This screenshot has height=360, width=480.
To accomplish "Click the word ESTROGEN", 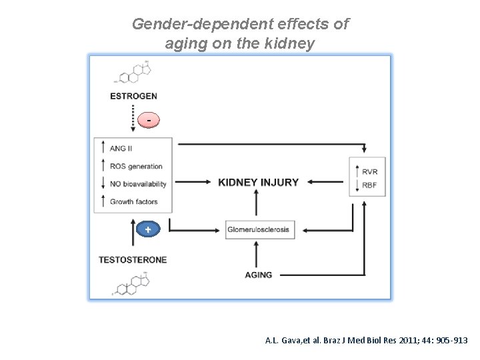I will (133, 96).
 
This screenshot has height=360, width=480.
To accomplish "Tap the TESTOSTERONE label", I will (133, 259).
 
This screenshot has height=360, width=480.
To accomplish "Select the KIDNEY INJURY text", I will (259, 182).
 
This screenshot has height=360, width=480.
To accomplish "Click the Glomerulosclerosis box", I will (259, 229).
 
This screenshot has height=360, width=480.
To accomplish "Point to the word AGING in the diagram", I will (259, 275).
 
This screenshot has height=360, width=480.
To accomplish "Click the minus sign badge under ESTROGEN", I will (149, 120).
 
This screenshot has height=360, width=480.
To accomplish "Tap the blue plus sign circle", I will (148, 229).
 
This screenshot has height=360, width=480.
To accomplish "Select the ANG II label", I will (122, 149).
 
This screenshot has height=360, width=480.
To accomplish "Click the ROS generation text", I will (136, 166).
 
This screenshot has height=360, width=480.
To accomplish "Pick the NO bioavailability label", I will (138, 183).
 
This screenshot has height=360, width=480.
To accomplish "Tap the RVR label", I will (370, 171).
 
